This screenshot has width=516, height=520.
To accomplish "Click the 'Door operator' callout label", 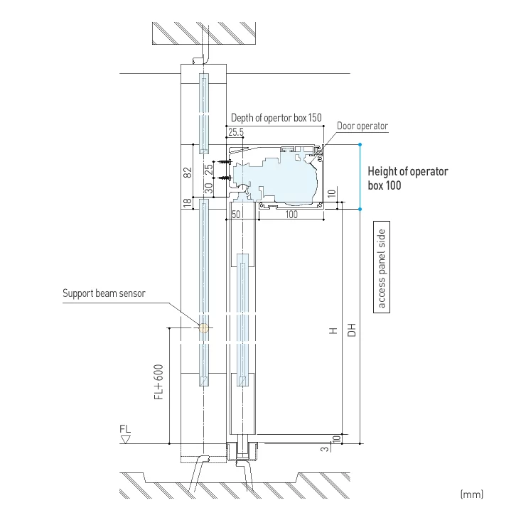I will point(362,126).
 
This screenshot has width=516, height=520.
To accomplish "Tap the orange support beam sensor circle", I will point(204,327).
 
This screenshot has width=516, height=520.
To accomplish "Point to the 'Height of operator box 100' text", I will point(407,178).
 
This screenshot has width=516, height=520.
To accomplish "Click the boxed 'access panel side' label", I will point(382,268).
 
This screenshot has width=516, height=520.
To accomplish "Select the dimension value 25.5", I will point(236,132).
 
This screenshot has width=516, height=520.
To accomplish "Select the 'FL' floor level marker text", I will point(125,430).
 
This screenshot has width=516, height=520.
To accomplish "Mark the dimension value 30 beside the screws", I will point(208,188).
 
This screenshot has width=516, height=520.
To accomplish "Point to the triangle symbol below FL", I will point(125,440).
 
